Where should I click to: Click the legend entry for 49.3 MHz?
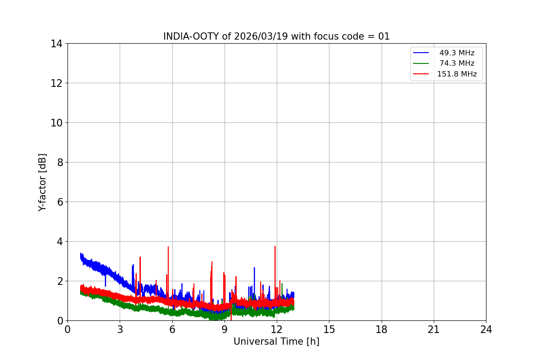[x=457, y=53]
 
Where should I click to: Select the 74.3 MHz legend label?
[x=457, y=63]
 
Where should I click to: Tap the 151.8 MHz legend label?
[x=457, y=74]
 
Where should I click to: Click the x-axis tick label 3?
[x=120, y=329]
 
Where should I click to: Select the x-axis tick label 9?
[x=225, y=329]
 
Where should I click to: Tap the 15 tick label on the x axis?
[x=329, y=329]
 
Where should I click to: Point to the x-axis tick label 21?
[x=434, y=329]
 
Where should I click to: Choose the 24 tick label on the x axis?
[x=486, y=329]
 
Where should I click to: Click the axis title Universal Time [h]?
[x=276, y=342]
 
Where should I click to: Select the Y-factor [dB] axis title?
[x=42, y=182]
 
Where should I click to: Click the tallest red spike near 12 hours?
[x=275, y=247]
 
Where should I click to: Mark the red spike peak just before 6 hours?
[x=168, y=247]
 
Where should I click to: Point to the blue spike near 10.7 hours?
[x=254, y=268]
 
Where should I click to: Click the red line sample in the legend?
[x=421, y=74]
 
